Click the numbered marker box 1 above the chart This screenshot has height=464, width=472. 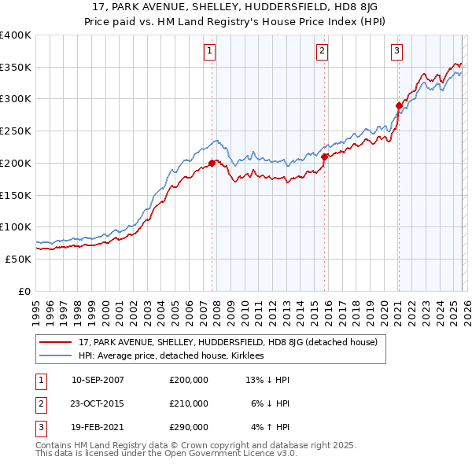pos(211,51)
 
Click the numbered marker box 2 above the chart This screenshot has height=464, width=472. pos(323,51)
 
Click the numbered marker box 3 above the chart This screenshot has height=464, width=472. pos(397,51)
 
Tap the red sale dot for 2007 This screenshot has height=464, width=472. pos(212,164)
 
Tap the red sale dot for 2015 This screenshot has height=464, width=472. pos(324,157)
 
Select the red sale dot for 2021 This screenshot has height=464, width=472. pos(399,105)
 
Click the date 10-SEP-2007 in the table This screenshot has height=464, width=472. pos(98,380)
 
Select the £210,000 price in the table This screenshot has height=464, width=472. pos(188,403)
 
